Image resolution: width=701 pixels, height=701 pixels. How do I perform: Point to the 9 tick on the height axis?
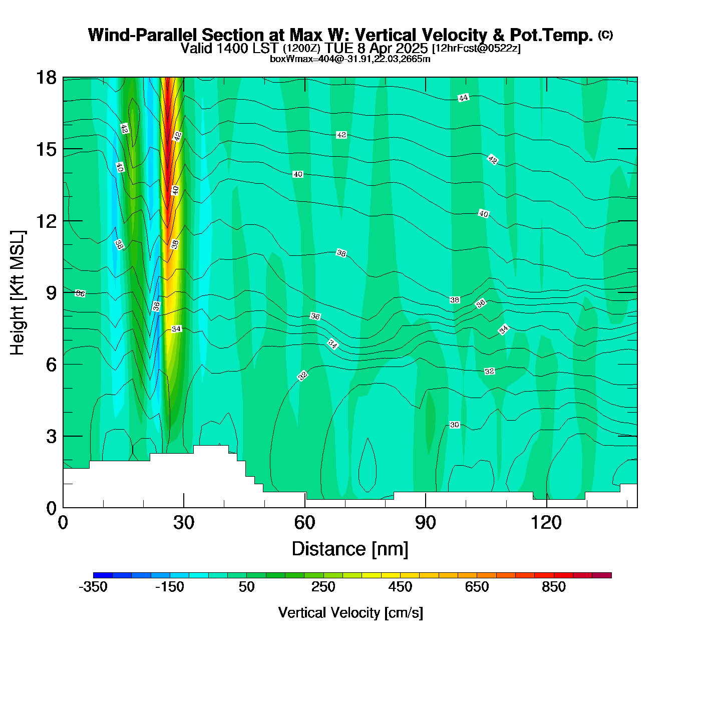pyautogui.click(x=51, y=293)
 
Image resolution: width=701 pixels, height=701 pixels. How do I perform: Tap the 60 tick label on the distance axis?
pyautogui.click(x=304, y=523)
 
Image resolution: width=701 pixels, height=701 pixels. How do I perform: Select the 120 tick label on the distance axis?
pyautogui.click(x=546, y=523)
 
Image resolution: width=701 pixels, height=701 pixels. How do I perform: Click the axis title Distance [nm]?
pyautogui.click(x=350, y=549)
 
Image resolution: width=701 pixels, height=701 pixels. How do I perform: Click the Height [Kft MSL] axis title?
pyautogui.click(x=18, y=293)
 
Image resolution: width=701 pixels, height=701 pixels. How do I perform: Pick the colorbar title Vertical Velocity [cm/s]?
pyautogui.click(x=350, y=613)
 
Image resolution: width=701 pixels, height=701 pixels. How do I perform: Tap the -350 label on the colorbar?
pyautogui.click(x=93, y=587)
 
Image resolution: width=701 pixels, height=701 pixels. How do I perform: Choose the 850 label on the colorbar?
pyautogui.click(x=554, y=587)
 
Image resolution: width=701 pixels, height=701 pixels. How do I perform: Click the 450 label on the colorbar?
pyautogui.click(x=400, y=587)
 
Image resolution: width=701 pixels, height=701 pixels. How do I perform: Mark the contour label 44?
pyautogui.click(x=463, y=98)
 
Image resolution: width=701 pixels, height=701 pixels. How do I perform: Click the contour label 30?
pyautogui.click(x=454, y=425)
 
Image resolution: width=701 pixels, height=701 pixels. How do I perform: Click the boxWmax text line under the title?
pyautogui.click(x=350, y=59)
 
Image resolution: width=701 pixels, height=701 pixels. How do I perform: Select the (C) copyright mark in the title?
pyautogui.click(x=605, y=35)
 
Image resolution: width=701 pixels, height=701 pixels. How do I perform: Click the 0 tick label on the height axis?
pyautogui.click(x=51, y=508)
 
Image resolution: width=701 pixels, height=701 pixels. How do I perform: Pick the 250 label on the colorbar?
pyautogui.click(x=323, y=587)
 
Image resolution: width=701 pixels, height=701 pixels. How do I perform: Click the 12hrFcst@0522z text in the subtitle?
pyautogui.click(x=476, y=49)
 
